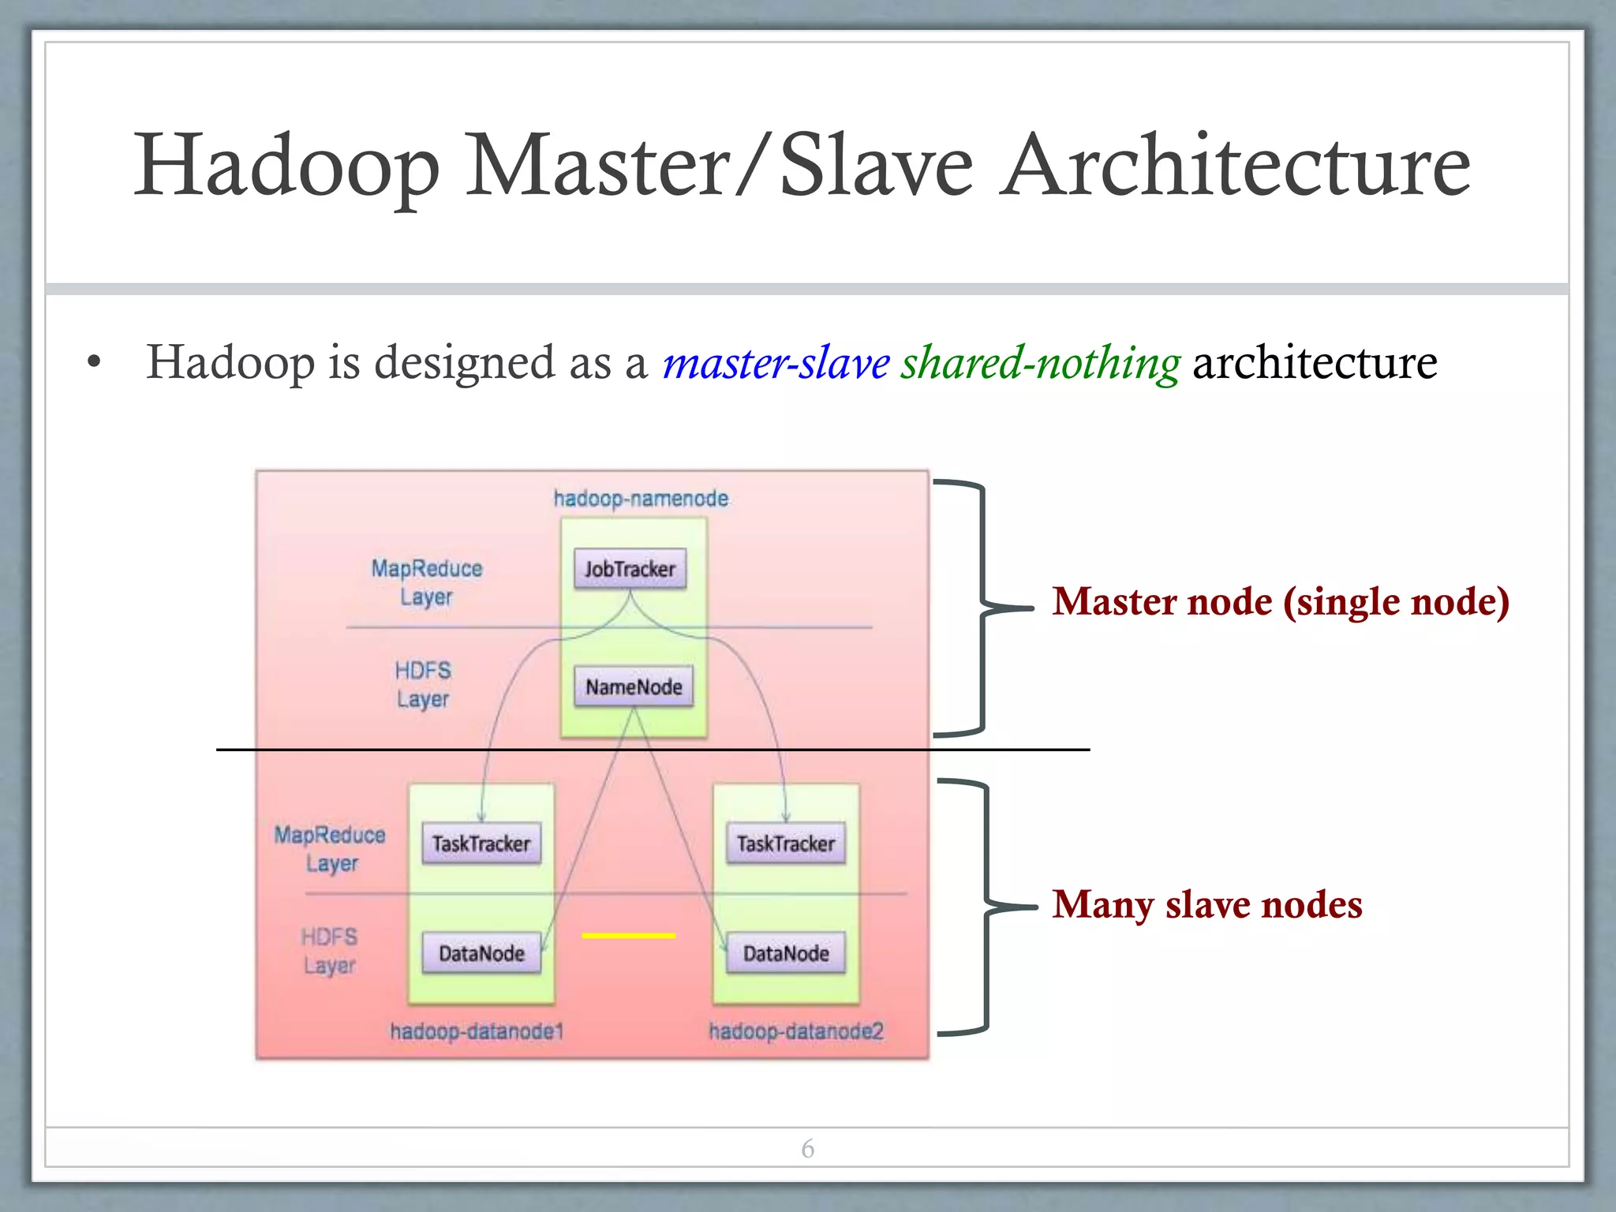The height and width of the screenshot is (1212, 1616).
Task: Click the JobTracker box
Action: pyautogui.click(x=630, y=569)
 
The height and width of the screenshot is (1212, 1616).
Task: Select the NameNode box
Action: pyautogui.click(x=634, y=686)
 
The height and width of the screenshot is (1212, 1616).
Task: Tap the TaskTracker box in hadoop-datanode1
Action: pyautogui.click(x=481, y=844)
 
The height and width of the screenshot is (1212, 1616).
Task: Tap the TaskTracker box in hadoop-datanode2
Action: pyautogui.click(x=786, y=844)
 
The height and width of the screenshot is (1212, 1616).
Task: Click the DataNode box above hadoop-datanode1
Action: pyautogui.click(x=481, y=953)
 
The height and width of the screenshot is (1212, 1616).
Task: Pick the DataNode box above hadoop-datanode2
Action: pyautogui.click(x=786, y=953)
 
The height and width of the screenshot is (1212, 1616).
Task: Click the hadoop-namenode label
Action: pyautogui.click(x=641, y=499)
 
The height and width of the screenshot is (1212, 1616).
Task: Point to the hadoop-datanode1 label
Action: pyautogui.click(x=477, y=1031)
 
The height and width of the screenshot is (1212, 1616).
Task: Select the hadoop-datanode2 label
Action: pyautogui.click(x=795, y=1031)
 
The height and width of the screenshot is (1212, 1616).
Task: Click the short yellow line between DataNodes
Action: pyautogui.click(x=628, y=936)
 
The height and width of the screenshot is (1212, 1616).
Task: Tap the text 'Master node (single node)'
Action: pyautogui.click(x=1280, y=601)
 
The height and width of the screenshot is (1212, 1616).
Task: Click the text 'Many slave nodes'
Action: pyautogui.click(x=1206, y=904)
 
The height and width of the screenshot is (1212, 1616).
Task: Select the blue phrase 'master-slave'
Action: pyautogui.click(x=776, y=363)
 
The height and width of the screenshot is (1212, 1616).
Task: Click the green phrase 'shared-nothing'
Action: pyautogui.click(x=1040, y=363)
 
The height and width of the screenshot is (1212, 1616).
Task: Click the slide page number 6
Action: pyautogui.click(x=807, y=1149)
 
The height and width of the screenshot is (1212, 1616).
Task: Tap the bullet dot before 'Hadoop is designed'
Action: pyautogui.click(x=95, y=363)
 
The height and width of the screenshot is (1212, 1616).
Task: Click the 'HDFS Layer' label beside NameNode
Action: pyautogui.click(x=423, y=685)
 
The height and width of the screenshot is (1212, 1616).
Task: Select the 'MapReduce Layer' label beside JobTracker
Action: pyautogui.click(x=426, y=582)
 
